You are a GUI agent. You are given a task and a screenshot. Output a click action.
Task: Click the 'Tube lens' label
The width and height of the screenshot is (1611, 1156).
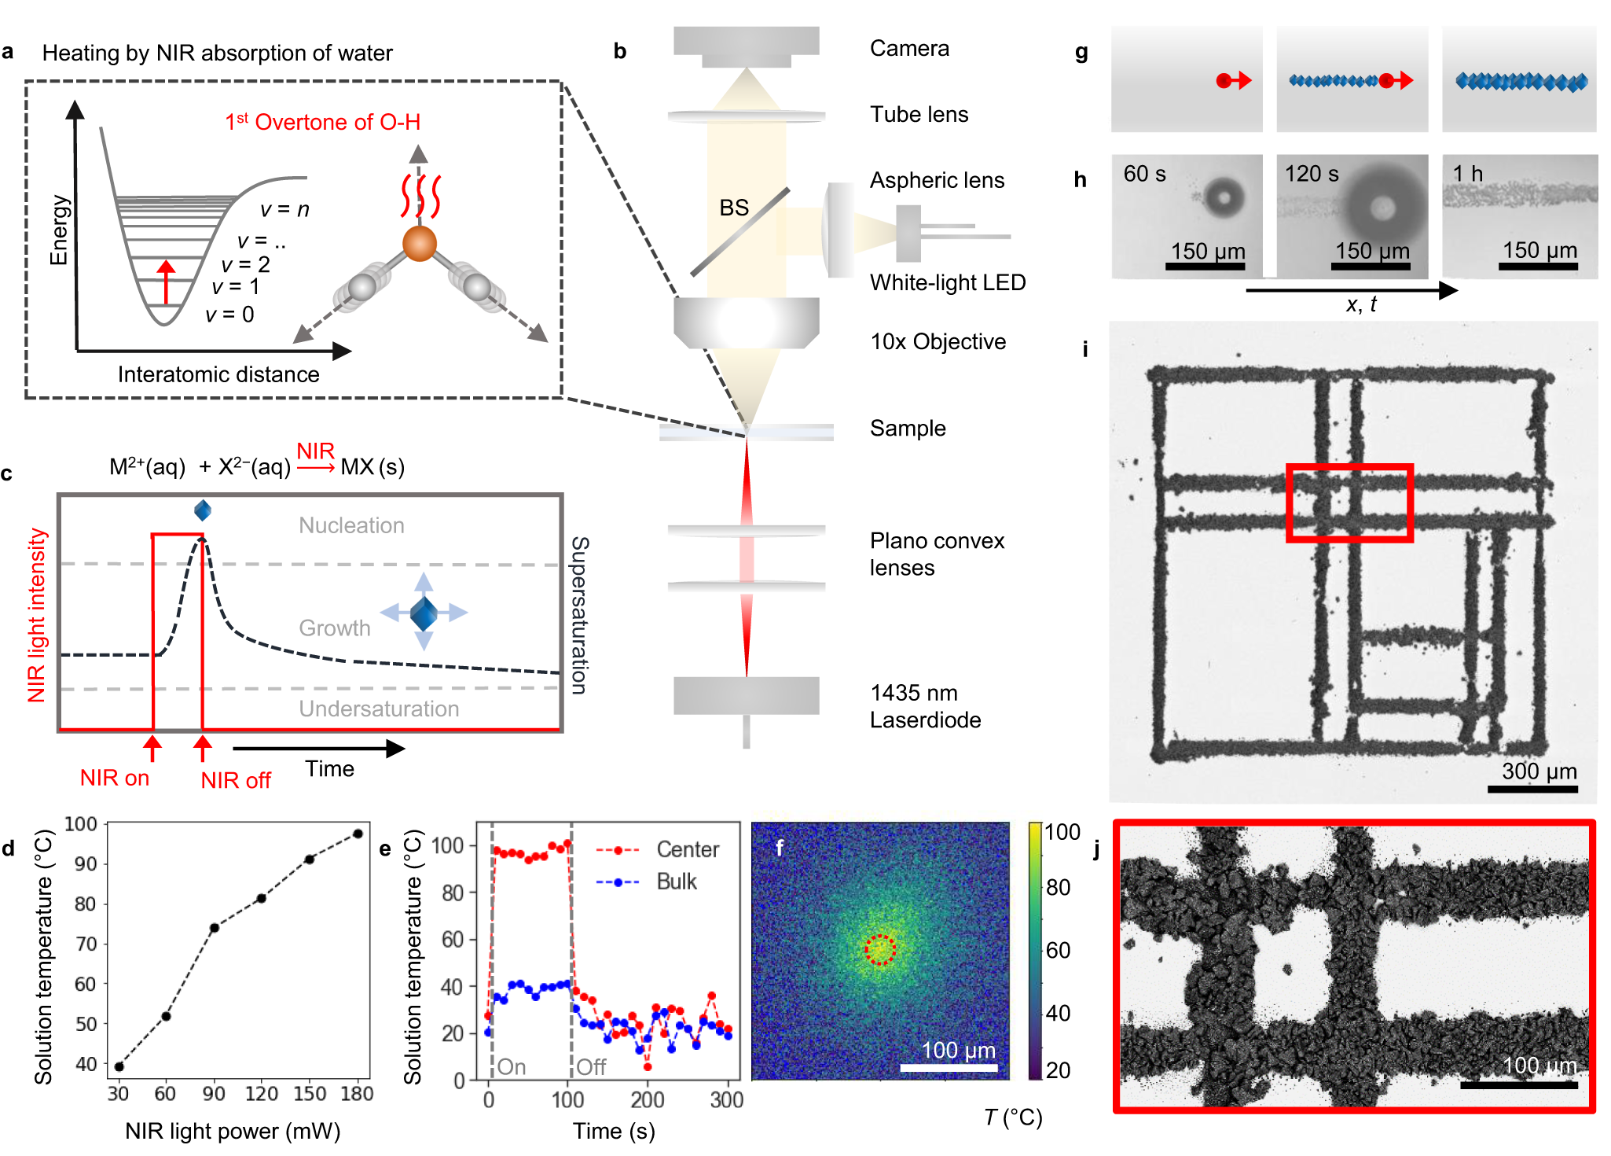coord(918,115)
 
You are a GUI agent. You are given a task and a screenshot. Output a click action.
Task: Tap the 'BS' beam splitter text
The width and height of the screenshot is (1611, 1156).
coord(734,208)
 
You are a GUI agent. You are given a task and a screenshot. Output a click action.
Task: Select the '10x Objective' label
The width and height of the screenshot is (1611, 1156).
coord(938,342)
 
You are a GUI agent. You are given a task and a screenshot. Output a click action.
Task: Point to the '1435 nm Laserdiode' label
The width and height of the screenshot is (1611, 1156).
coord(924,706)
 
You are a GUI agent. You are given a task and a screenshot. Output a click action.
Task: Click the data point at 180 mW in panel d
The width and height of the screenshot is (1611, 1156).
coord(358,834)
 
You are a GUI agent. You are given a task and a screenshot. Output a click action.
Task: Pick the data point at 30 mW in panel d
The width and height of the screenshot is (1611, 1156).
coord(119,1066)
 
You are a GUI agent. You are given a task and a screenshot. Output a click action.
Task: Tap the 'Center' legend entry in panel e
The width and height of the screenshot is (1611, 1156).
coord(687,849)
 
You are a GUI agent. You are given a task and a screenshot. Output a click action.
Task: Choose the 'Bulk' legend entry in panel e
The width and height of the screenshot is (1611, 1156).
coord(676,882)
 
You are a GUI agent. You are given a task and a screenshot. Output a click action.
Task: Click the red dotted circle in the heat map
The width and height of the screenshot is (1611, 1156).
coord(880,949)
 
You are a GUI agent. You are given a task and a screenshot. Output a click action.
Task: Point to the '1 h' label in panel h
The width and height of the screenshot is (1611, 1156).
coord(1467,174)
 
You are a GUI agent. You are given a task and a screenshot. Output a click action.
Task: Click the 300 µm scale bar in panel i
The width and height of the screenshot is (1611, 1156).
coord(1532,789)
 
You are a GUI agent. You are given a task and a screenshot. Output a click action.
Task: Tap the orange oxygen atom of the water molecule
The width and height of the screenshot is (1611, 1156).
coord(420,244)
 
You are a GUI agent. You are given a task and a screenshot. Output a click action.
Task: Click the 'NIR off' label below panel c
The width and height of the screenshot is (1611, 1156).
coord(235,780)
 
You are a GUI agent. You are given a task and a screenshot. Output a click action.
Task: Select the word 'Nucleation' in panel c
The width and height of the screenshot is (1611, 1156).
coord(351,525)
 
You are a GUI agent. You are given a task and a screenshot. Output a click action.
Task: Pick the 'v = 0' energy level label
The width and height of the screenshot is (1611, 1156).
coord(229,315)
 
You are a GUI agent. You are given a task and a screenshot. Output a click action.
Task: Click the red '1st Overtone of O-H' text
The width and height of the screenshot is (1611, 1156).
coord(322,122)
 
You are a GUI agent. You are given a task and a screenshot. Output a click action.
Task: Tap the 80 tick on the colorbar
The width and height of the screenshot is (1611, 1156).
coord(1059,888)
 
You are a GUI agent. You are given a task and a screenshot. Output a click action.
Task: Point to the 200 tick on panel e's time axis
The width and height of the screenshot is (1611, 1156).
coord(647,1099)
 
